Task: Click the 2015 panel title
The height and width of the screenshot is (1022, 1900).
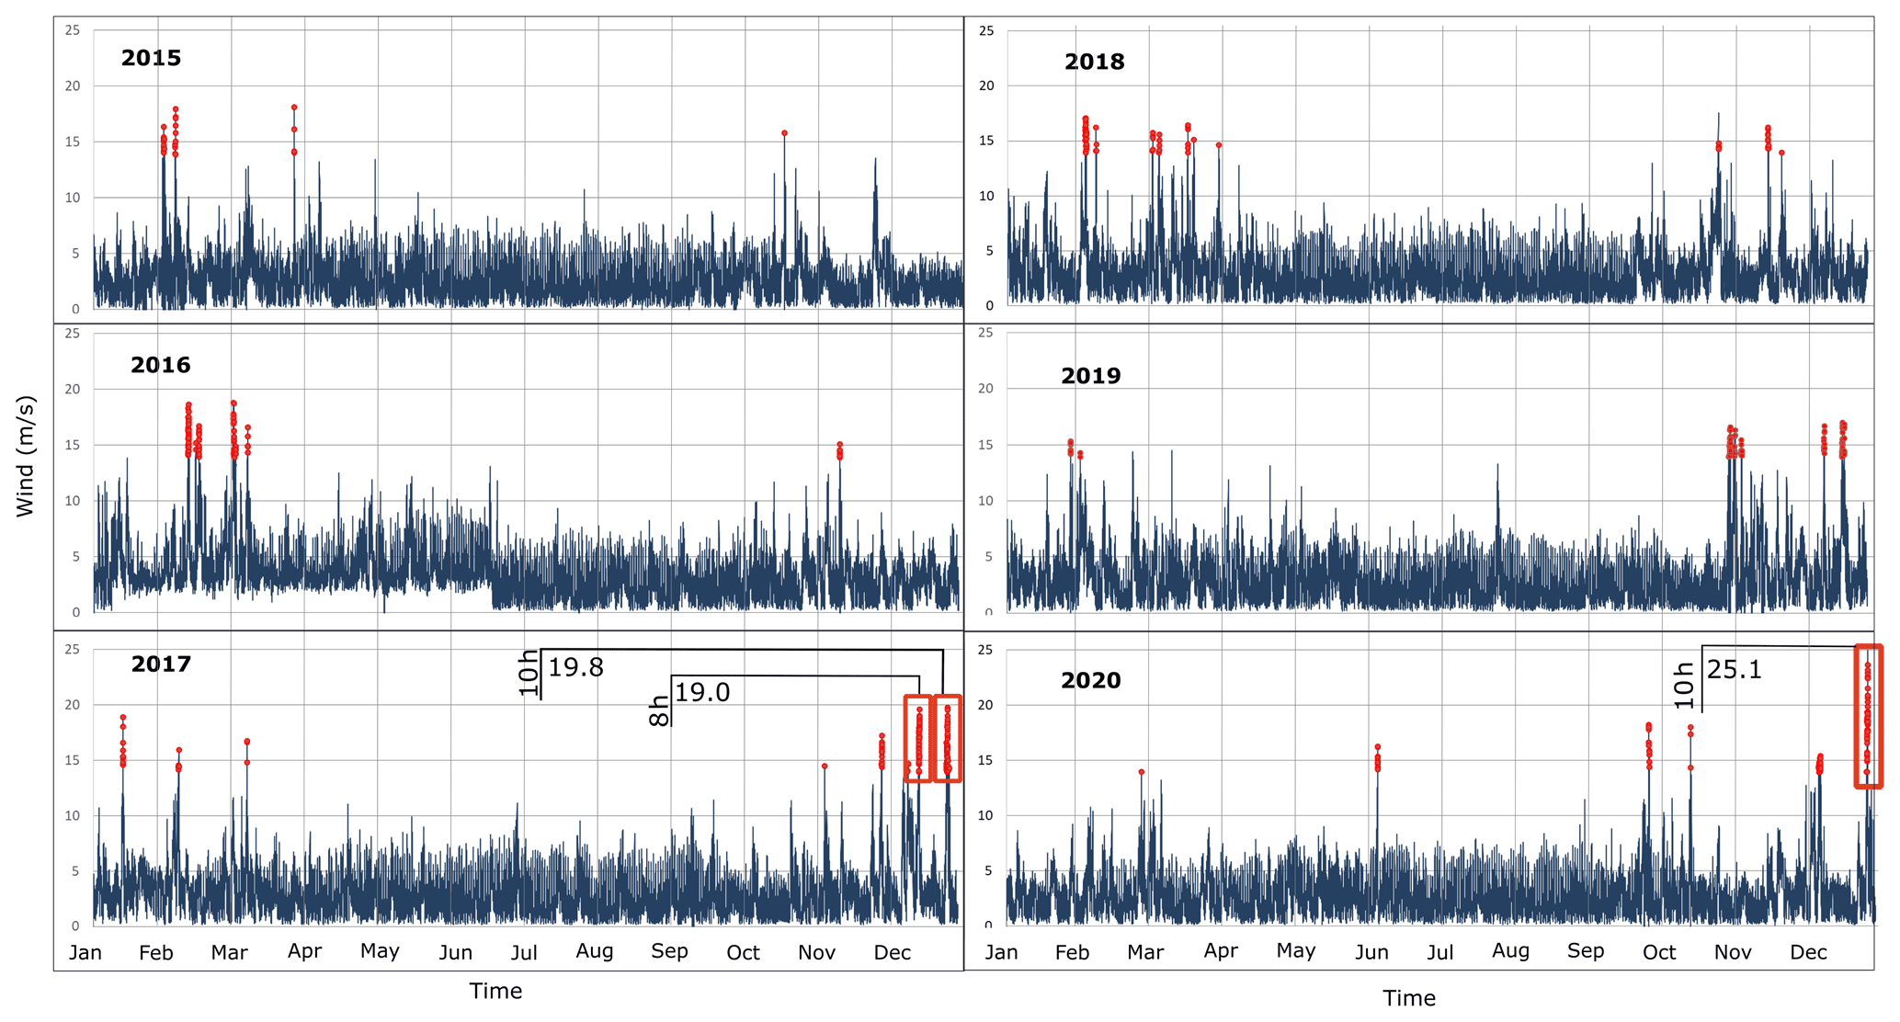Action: point(151,58)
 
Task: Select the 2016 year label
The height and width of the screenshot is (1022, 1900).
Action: point(160,365)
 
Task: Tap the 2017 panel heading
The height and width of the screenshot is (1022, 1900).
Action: point(161,664)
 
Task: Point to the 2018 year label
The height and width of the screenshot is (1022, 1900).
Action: point(1094,62)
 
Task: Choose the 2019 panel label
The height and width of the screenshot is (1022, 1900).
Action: point(1090,376)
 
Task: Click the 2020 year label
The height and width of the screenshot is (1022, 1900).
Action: point(1090,680)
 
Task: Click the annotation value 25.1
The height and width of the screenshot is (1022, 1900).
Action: point(1734,670)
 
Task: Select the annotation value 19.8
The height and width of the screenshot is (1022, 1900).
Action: point(575,667)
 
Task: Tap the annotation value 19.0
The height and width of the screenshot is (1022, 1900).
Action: point(702,692)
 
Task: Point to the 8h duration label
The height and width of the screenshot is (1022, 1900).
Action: point(659,710)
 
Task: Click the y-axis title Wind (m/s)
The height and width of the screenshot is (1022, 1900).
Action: point(25,456)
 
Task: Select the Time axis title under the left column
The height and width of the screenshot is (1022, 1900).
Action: point(495,991)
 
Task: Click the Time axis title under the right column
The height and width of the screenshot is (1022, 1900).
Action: point(1408,998)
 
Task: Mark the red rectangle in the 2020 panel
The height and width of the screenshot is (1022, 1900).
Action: point(1868,717)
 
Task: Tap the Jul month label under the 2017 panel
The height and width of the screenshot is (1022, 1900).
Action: point(524,952)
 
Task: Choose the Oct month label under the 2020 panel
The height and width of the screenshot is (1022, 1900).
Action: point(1658,952)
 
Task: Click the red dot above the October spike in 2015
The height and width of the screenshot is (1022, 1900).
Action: point(784,133)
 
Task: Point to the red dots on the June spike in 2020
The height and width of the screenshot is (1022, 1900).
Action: point(1377,758)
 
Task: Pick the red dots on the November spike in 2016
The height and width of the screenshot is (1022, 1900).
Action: point(839,450)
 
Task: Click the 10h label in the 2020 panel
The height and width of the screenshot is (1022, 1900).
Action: point(1683,685)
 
